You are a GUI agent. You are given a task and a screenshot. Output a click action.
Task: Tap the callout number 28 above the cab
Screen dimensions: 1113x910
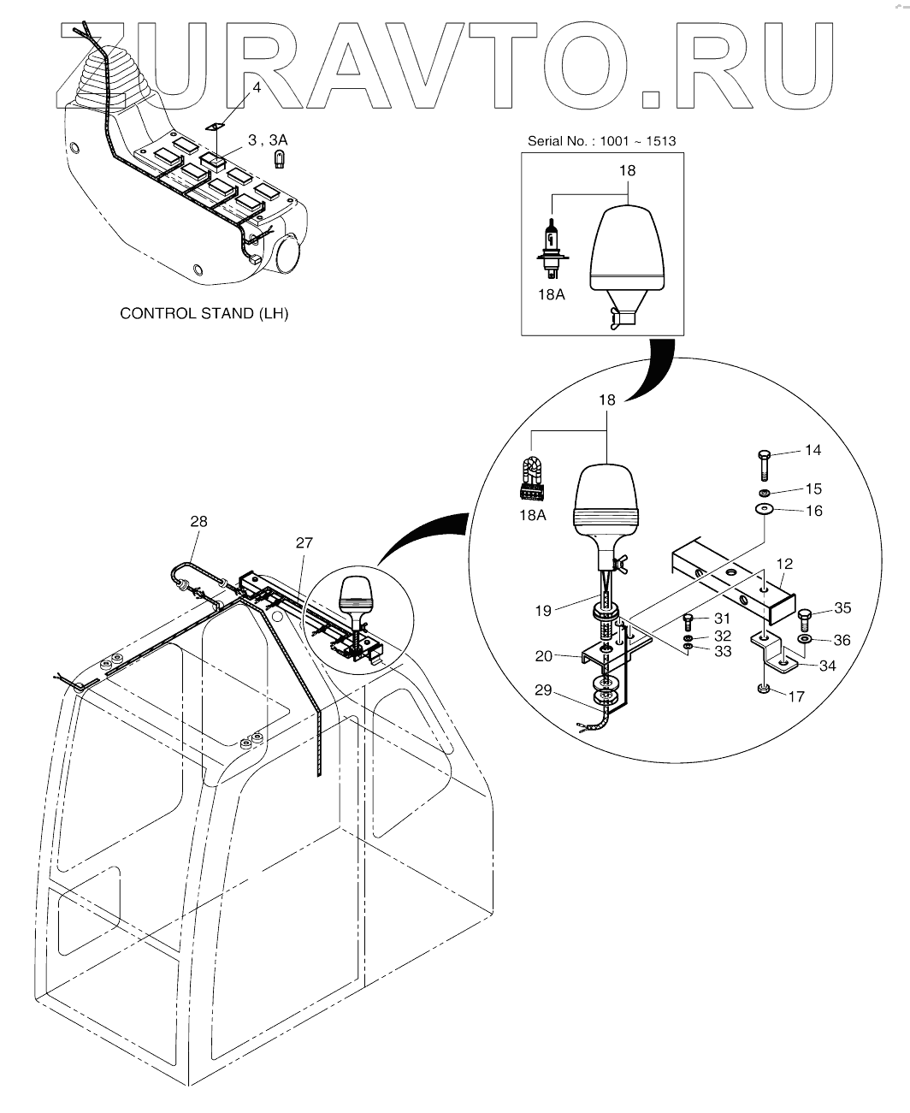[x=198, y=521]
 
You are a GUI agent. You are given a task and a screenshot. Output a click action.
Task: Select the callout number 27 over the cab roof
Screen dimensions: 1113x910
[x=305, y=542]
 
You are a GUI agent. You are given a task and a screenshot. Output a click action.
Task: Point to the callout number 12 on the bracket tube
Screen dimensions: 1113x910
[x=785, y=564]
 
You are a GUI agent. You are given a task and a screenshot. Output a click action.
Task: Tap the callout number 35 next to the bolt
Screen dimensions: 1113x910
[x=842, y=608]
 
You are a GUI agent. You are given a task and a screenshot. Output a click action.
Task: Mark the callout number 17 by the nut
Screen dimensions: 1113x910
[x=795, y=697]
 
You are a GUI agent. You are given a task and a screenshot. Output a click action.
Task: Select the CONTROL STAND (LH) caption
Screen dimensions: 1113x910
[x=204, y=313]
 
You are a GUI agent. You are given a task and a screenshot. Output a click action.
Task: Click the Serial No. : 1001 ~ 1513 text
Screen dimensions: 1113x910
[x=602, y=139]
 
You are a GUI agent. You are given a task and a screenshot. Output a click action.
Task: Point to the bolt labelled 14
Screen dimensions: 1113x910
[x=765, y=465]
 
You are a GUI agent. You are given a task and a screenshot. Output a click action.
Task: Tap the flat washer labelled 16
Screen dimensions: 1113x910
[x=764, y=511]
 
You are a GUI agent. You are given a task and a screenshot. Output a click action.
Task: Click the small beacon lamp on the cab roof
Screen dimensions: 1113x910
[x=353, y=596]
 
